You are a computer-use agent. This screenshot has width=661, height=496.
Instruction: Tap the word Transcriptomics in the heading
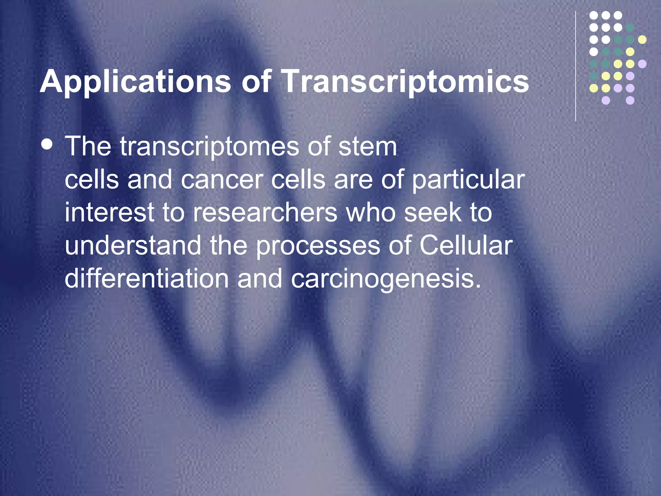pos(405,81)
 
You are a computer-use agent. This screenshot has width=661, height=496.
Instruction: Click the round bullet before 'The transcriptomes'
pos(47,144)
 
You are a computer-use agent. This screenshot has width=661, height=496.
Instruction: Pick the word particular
pos(469,180)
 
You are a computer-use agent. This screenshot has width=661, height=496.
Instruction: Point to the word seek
pos(433,213)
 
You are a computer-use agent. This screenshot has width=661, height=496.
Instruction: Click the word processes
pos(318,246)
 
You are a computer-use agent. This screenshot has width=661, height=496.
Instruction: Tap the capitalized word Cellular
pos(466,246)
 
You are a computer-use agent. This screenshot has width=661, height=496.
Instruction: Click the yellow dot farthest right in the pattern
pos(642,40)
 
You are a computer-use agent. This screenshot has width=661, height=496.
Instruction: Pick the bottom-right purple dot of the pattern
pos(630,100)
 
